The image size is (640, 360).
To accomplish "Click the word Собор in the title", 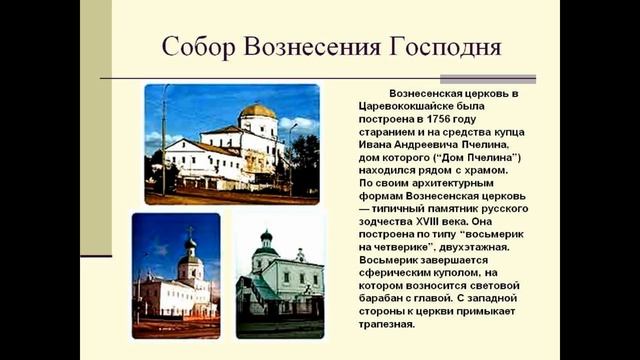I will click(200, 48).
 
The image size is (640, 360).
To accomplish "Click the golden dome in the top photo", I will click(259, 109).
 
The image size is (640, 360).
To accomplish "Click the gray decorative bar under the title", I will click(488, 79).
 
